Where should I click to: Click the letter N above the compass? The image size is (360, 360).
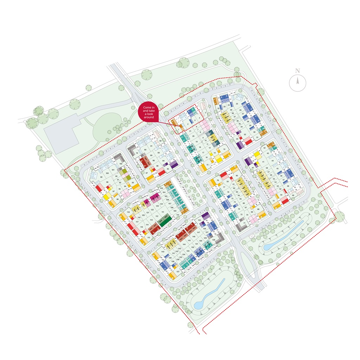[x=297, y=71]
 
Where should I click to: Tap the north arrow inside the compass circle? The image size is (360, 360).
[x=297, y=82]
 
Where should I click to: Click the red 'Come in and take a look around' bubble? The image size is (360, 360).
[x=149, y=112]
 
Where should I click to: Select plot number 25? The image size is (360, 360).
[x=237, y=104]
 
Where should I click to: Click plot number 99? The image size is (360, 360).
[x=101, y=177]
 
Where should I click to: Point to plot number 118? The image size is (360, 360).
[x=128, y=212]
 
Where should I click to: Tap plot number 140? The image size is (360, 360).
[x=162, y=252]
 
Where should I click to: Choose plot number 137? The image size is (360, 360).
[x=178, y=272]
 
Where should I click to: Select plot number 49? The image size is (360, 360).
[x=293, y=195]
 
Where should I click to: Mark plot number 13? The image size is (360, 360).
[x=224, y=149]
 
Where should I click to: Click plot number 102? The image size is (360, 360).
[x=121, y=164]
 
